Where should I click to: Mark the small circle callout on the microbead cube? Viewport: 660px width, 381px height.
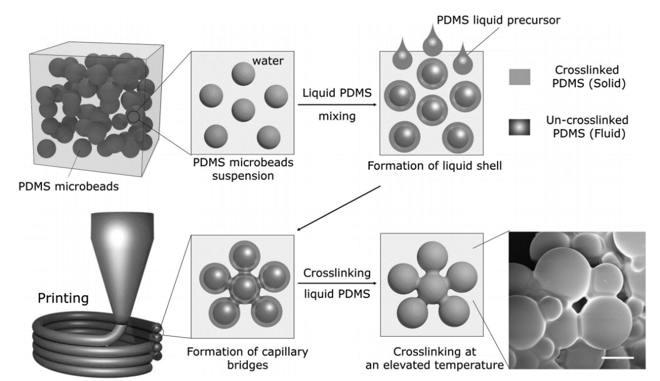(134, 117)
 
